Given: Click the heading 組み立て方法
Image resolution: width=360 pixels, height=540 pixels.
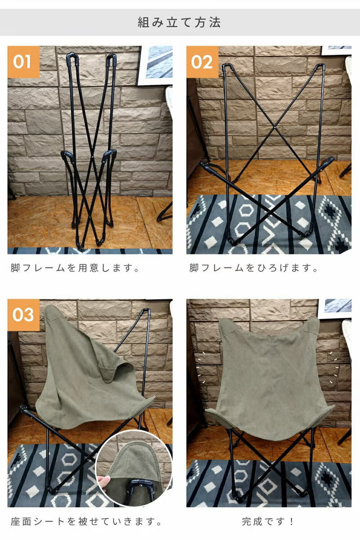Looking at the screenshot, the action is click(179, 22).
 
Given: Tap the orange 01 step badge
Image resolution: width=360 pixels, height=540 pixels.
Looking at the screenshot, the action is click(23, 62).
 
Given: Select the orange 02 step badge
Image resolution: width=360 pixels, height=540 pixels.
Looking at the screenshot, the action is click(202, 62).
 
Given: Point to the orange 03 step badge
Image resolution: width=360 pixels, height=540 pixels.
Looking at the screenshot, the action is click(23, 315).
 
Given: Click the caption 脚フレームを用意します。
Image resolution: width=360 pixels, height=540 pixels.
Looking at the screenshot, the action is click(75, 268).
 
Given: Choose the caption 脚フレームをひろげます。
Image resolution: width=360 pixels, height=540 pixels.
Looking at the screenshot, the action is click(253, 268).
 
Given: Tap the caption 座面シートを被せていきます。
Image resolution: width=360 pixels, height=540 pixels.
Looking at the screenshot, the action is click(86, 522).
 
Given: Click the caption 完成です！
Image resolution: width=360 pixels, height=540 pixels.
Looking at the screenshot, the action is click(268, 522).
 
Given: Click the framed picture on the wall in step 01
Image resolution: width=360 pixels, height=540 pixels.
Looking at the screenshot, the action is click(156, 65).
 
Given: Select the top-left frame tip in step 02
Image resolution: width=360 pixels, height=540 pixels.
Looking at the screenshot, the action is click(225, 66).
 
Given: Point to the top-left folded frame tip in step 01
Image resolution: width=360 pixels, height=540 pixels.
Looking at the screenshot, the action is click(72, 57).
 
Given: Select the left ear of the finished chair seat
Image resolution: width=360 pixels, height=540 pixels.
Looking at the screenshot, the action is click(228, 326).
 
